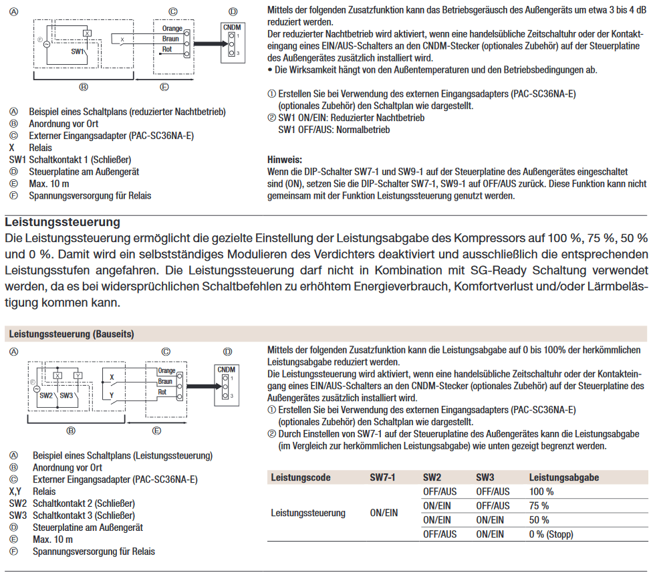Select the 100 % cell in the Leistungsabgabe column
pos(540,491)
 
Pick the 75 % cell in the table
pos(539,505)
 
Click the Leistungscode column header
pos(301,477)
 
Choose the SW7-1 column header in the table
pos(382,477)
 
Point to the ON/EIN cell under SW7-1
pos(383,513)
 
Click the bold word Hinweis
pos(284,160)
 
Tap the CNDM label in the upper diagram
pos(232,27)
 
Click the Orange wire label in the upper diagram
pos(172,29)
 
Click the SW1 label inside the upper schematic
pos(78,51)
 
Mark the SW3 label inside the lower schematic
pos(67,395)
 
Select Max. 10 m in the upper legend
pos(49,183)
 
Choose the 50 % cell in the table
pos(539,520)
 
